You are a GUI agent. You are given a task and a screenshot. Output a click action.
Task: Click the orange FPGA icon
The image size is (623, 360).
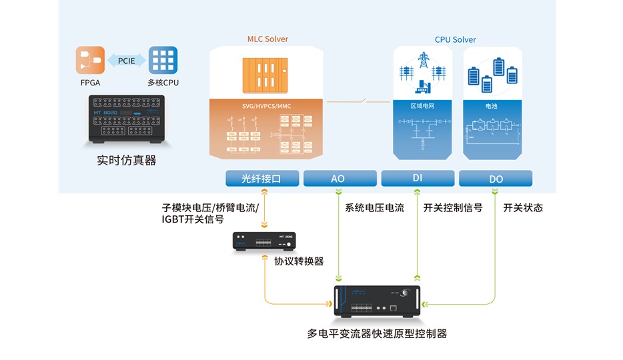[90, 61]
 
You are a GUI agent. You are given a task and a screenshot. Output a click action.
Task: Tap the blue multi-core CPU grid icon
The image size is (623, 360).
[163, 61]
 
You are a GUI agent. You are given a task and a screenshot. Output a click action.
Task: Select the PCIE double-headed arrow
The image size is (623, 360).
[127, 61]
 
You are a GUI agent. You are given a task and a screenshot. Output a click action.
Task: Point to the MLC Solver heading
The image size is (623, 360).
[268, 39]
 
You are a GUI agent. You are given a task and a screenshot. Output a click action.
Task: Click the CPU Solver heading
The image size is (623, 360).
[456, 40]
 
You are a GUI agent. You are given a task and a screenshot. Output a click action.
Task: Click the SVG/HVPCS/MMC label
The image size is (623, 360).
[266, 106]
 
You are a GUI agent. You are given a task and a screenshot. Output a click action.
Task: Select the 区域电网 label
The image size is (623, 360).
[422, 106]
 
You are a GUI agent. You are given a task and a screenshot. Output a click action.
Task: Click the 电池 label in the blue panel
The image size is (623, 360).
[491, 106]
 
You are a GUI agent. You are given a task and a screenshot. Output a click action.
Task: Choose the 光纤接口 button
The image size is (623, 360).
[261, 179]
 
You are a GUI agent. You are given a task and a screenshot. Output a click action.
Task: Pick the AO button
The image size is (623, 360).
[338, 179]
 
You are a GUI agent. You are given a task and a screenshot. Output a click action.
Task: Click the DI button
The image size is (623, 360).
[418, 179]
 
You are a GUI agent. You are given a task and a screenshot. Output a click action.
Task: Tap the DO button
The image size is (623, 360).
[496, 179]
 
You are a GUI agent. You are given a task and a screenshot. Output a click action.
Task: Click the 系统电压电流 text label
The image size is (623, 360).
[374, 208]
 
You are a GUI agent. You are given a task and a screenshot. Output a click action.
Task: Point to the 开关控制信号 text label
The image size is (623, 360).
[453, 208]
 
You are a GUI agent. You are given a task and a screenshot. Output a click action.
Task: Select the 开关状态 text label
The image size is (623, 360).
[523, 208]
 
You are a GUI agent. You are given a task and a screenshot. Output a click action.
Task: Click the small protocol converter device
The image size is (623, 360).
[264, 241]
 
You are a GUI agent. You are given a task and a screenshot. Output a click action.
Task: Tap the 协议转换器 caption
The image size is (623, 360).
[299, 261]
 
